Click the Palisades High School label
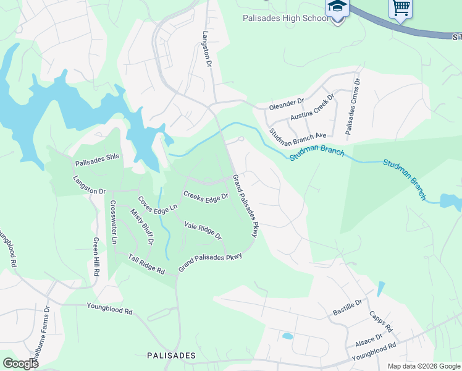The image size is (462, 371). tap(285, 18)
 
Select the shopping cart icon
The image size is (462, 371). tap(401, 8)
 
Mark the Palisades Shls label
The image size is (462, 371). tap(97, 164)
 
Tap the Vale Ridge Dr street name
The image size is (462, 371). tap(203, 230)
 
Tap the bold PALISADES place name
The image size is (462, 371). tap(172, 356)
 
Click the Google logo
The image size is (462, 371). tap(21, 364)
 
